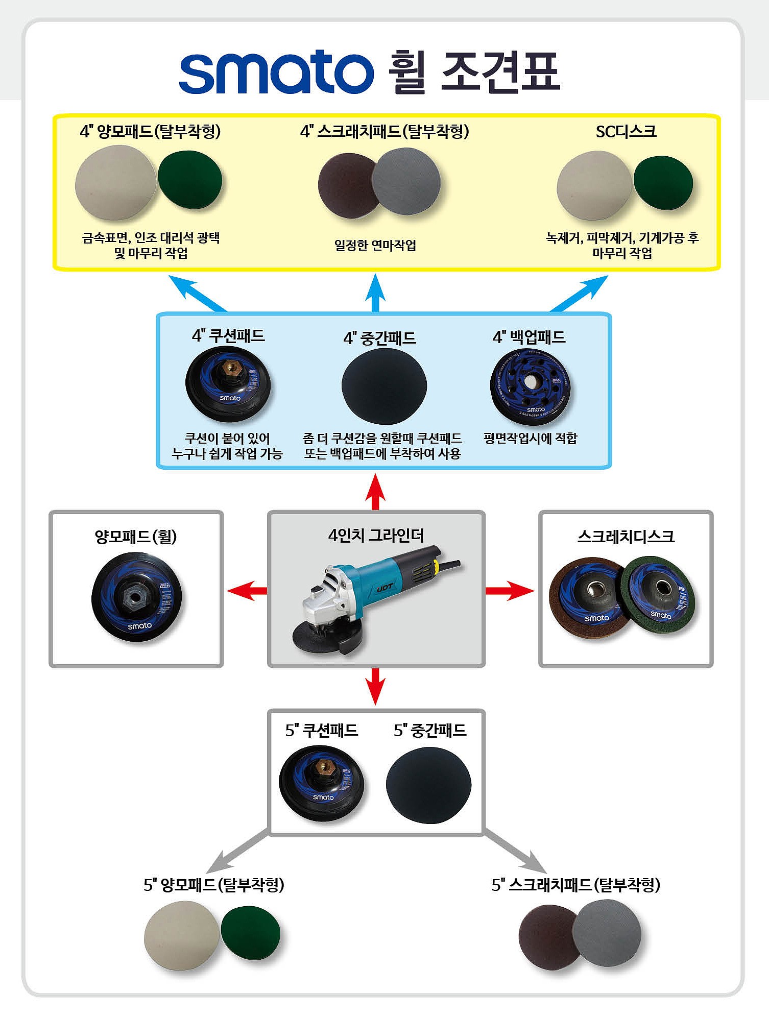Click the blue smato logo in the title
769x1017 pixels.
276,72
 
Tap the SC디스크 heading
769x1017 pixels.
626,132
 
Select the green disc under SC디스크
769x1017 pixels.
663,183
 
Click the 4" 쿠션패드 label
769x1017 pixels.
228,336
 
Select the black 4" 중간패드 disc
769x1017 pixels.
384,386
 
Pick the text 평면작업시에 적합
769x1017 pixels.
530,439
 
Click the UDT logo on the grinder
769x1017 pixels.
384,588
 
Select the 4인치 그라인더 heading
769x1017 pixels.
376,536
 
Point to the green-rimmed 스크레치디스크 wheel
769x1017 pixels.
659,596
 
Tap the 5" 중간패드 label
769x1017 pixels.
430,731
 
